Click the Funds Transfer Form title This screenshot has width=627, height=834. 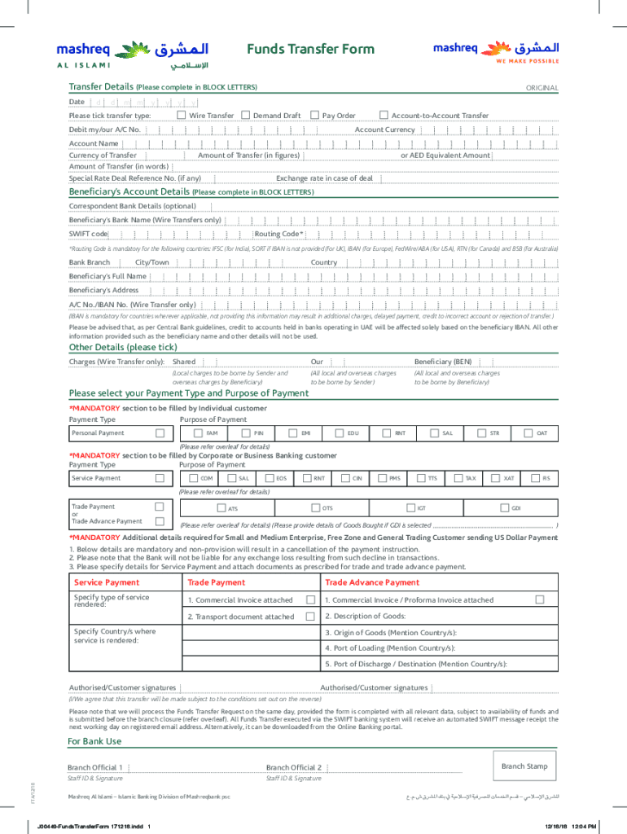tap(310, 49)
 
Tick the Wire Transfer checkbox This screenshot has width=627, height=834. tap(182, 116)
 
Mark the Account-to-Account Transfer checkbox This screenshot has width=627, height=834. tap(384, 116)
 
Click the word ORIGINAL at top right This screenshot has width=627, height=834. tap(541, 88)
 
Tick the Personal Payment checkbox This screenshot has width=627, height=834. tap(160, 433)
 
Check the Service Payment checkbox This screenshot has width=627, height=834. tap(160, 478)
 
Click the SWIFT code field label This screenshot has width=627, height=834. tap(88, 234)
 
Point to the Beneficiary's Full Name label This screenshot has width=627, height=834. tap(107, 276)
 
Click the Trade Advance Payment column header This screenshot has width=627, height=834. tap(372, 582)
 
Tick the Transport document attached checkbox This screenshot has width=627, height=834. tap(310, 617)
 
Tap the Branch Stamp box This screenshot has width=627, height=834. tap(524, 767)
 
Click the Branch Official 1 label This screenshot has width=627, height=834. tap(95, 767)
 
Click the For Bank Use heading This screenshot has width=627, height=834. tap(95, 741)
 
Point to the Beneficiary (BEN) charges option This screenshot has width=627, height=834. tap(442, 362)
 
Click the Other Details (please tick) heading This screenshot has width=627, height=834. tap(122, 347)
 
